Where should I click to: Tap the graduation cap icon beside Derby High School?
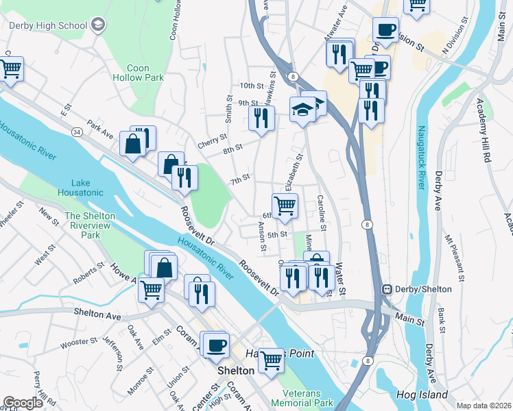point(97,25)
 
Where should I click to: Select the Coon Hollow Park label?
point(145,73)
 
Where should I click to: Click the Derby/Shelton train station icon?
point(387,289)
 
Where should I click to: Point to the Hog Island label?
point(421,395)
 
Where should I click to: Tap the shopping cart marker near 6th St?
point(285,204)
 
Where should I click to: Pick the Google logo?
point(23,403)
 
